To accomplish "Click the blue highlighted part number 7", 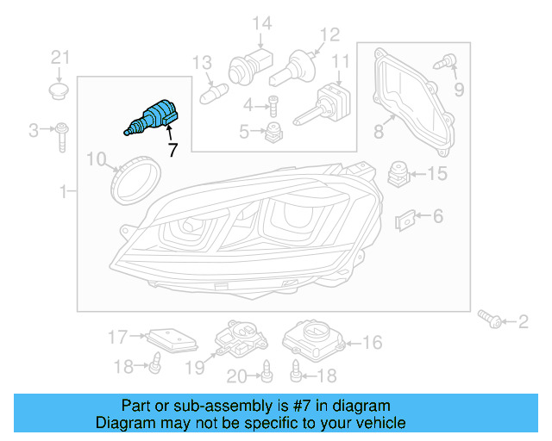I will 153,118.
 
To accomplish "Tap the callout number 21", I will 59,58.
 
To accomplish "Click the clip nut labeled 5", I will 274,132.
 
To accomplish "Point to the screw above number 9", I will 448,62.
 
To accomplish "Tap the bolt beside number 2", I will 493,320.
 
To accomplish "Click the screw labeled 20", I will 267,371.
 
